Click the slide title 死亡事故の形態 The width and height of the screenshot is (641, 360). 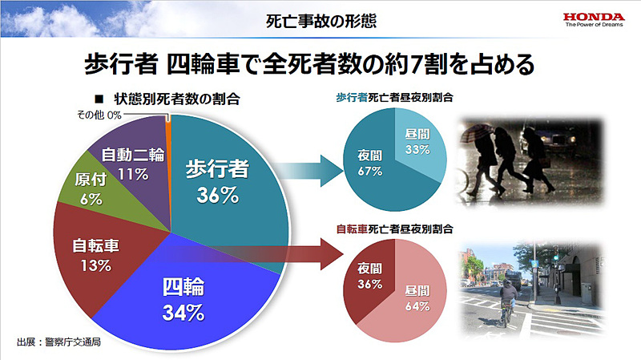[320, 18]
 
